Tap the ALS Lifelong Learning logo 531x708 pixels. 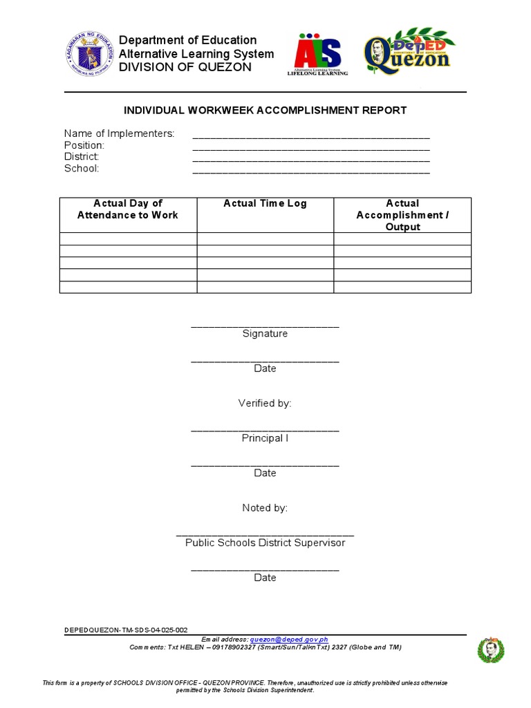coord(317,53)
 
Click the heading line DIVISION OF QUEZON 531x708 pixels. coord(185,67)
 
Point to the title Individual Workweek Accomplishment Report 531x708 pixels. coord(265,111)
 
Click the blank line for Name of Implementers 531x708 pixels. coord(310,135)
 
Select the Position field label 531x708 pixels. coord(84,145)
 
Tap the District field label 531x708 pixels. coord(82,157)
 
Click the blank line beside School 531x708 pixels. coord(310,169)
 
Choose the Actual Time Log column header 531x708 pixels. coord(265,203)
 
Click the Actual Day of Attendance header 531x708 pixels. coord(128,209)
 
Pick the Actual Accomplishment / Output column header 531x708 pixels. coord(402,215)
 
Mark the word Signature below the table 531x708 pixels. coord(265,334)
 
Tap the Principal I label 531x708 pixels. coord(265,438)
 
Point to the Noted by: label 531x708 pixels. coord(265,508)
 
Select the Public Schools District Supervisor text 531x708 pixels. coord(265,543)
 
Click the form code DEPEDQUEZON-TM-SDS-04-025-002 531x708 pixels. coord(126,631)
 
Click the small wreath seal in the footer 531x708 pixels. coord(491,650)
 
